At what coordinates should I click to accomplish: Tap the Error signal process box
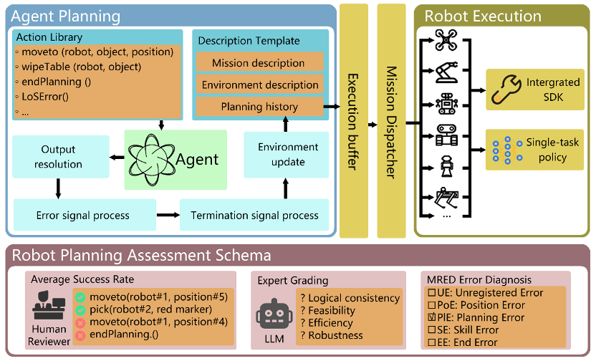[x=83, y=215]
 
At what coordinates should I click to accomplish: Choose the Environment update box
[x=287, y=153]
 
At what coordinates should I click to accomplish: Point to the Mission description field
[x=258, y=63]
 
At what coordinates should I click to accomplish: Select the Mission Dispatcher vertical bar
[x=392, y=120]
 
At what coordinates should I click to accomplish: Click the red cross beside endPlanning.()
[x=81, y=334]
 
